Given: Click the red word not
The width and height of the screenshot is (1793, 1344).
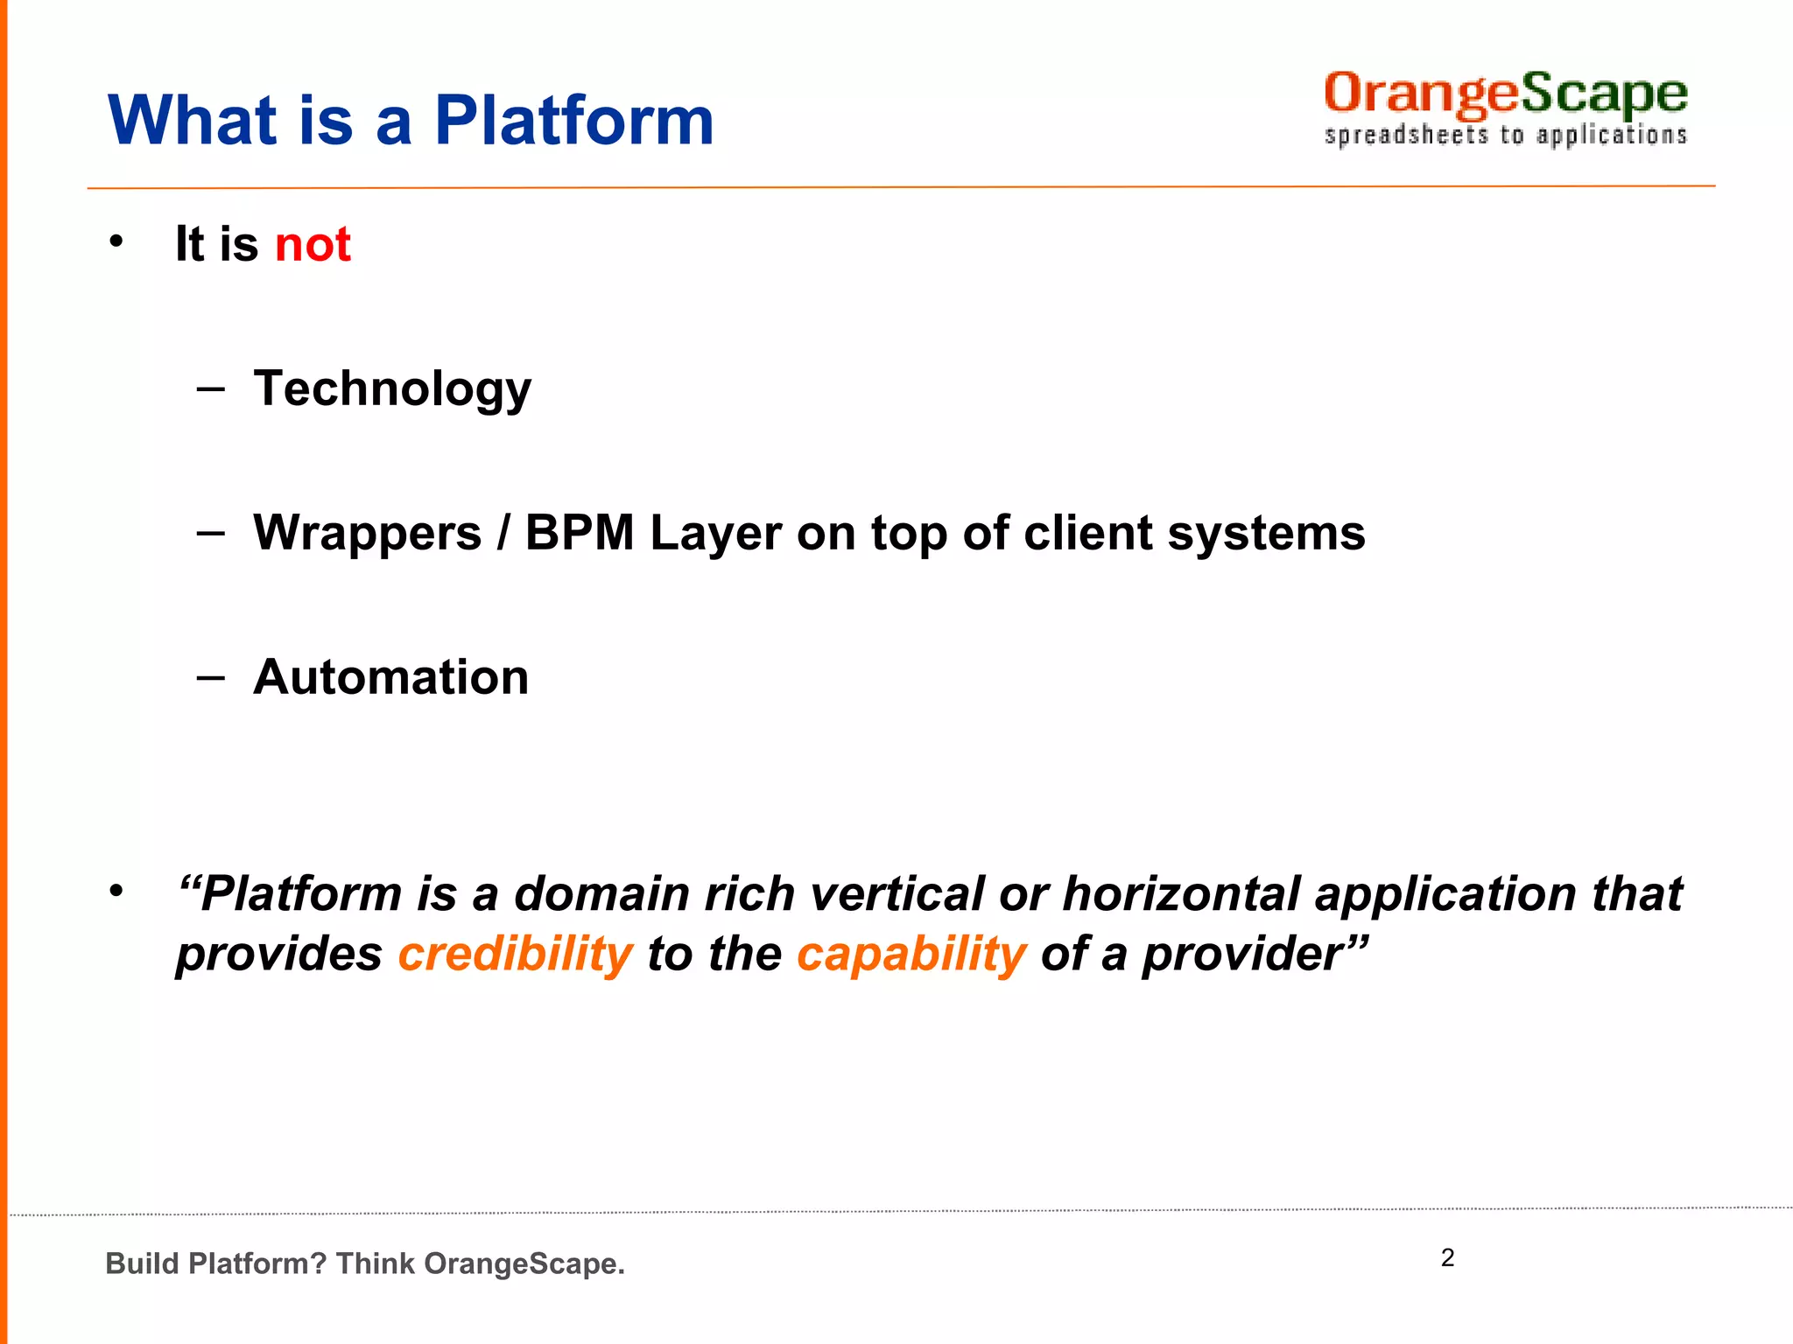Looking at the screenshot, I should click(313, 244).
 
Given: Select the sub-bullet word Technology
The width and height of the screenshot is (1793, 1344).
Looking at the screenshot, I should click(392, 388).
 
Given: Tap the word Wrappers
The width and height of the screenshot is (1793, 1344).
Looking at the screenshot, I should click(367, 533).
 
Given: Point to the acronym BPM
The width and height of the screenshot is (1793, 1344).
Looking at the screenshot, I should click(579, 533).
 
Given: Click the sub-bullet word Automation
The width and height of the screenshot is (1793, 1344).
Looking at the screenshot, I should click(390, 677).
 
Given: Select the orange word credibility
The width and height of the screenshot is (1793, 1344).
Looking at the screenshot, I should click(515, 954).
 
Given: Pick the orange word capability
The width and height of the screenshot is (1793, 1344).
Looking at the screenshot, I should click(911, 954).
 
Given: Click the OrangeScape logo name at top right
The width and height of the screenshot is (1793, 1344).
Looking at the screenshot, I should click(1505, 94).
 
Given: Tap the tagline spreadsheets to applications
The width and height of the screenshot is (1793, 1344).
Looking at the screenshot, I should click(1505, 136).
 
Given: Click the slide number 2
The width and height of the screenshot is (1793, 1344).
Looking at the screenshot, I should click(1447, 1257).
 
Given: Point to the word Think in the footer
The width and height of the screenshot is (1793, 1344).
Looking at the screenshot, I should click(376, 1263).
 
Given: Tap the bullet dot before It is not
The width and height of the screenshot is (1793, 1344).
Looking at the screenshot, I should click(116, 242).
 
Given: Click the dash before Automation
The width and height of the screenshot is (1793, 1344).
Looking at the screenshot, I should click(211, 677).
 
